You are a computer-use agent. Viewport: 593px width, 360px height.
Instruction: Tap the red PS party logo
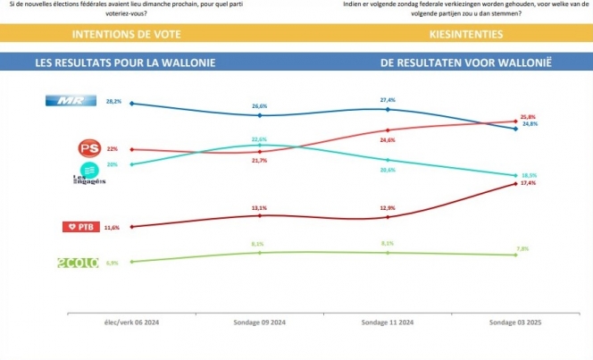[89, 148]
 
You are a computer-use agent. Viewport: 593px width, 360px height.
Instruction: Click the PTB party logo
[79, 228]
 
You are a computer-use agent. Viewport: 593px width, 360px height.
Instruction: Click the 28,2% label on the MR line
[114, 102]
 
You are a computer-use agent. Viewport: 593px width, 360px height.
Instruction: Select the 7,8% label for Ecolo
[523, 248]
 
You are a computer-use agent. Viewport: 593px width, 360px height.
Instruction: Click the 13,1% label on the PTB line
[259, 207]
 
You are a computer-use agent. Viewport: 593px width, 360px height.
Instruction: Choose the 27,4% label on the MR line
[388, 100]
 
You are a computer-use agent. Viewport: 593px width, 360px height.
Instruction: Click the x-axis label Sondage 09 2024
[259, 320]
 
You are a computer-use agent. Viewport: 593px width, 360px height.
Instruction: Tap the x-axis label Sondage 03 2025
[516, 320]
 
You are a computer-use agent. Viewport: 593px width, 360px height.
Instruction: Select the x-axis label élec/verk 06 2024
[131, 320]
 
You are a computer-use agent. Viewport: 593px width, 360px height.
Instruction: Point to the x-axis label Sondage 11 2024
[388, 320]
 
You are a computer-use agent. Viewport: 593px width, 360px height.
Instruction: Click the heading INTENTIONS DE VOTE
[126, 35]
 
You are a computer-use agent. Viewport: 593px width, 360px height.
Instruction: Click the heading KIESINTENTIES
[464, 35]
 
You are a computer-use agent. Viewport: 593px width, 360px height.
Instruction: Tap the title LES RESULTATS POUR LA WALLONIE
[124, 64]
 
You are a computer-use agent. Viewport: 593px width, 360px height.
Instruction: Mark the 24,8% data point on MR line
[515, 129]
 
